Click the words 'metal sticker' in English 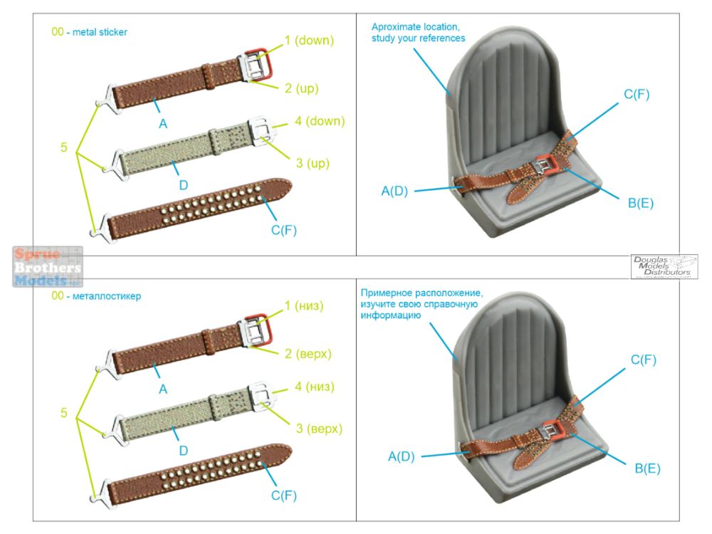tap(100, 32)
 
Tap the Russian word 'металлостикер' tap(107, 295)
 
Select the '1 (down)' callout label tap(309, 41)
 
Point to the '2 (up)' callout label tap(301, 88)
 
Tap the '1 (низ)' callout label tap(304, 306)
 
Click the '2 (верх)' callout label tap(308, 353)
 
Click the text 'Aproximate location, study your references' tap(418, 32)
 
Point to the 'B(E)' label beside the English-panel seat tap(640, 204)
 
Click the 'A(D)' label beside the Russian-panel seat tap(402, 456)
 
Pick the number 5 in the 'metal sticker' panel tap(64, 147)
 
